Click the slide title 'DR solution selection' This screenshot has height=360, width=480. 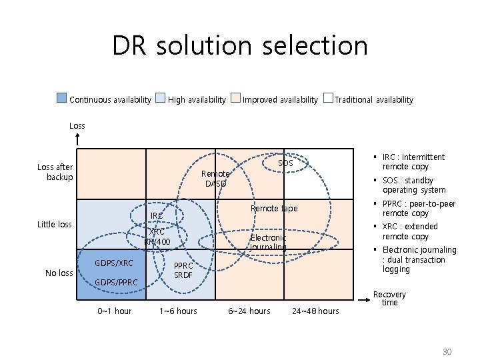[240, 46]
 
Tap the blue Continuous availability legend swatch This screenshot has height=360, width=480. [61, 99]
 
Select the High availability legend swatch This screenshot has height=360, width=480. [160, 99]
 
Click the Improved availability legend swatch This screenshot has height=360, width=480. [235, 99]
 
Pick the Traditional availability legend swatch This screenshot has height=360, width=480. [327, 99]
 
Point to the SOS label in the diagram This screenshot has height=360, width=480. [285, 163]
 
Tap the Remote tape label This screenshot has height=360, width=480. [274, 209]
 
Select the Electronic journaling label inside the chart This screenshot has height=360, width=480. [268, 242]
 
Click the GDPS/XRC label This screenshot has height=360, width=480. [114, 263]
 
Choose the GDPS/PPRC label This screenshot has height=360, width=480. [117, 283]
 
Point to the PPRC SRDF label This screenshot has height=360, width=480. [183, 270]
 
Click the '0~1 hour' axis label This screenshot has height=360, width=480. [115, 311]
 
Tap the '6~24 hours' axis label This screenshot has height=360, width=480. [249, 311]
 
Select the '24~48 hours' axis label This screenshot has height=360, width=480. [315, 311]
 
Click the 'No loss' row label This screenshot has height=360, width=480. [59, 273]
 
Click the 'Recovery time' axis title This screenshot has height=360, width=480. [389, 299]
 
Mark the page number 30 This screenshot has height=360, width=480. [446, 351]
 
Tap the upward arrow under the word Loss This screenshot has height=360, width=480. [78, 139]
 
